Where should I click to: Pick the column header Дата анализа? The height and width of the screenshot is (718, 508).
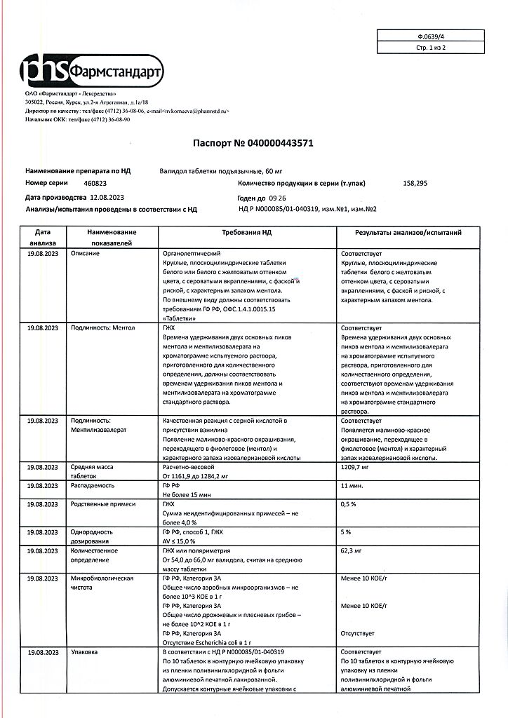pyautogui.click(x=41, y=237)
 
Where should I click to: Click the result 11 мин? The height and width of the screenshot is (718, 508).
pyautogui.click(x=352, y=485)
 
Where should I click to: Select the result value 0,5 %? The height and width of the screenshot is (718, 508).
pyautogui.click(x=349, y=504)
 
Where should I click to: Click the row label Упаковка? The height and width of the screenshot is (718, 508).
pyautogui.click(x=84, y=652)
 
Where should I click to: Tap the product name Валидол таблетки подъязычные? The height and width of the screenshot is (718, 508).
pyautogui.click(x=211, y=170)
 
